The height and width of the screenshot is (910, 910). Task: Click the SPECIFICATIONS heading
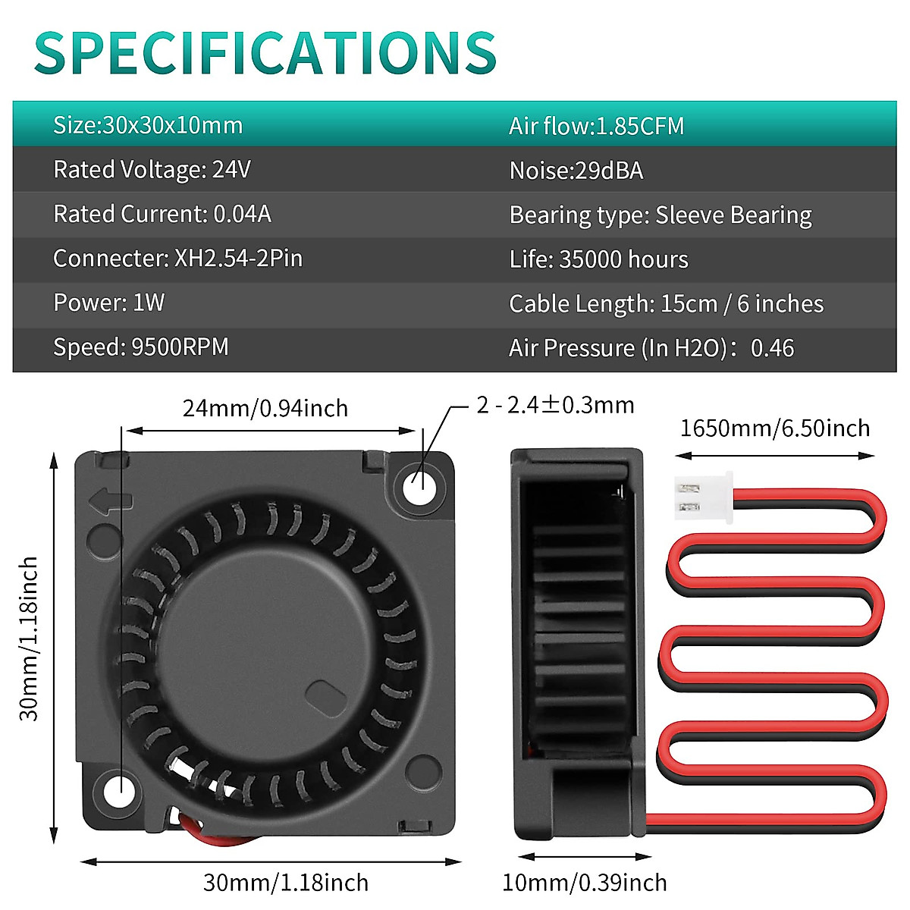tap(265, 53)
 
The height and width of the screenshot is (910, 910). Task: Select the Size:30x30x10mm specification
tap(148, 125)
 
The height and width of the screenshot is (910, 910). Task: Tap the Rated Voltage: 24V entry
tap(152, 170)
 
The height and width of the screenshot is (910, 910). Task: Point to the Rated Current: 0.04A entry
tap(162, 215)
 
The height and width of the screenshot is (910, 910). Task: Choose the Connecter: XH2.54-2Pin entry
tap(177, 259)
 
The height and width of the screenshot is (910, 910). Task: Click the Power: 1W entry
tap(108, 303)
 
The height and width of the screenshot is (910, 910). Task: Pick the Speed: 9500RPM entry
tap(140, 347)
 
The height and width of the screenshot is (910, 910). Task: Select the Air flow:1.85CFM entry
tap(596, 126)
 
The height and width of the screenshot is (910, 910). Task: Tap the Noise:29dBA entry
tap(576, 171)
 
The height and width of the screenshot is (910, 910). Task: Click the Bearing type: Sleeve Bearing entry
tap(660, 215)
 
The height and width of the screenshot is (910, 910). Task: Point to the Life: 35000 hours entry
tap(598, 259)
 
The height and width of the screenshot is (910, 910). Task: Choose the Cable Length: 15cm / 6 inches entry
tap(666, 304)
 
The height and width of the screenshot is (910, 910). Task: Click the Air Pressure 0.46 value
tap(772, 348)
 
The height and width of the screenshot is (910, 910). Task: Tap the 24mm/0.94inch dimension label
tap(265, 409)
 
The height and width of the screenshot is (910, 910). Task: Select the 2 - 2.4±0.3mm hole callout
tap(555, 405)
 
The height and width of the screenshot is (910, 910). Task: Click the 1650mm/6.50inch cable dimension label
tap(774, 428)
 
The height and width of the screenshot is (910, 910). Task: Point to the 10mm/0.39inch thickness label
tap(584, 883)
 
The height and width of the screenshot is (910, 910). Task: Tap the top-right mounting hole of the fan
tap(420, 483)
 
